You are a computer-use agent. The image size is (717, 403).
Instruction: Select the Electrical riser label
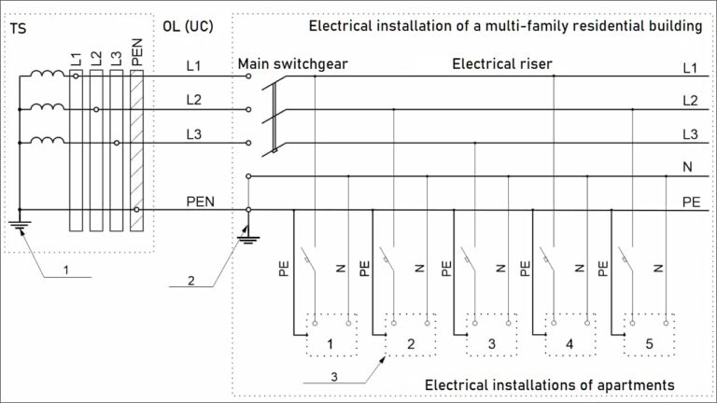coord(502,64)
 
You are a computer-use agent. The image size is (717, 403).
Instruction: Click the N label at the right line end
coord(689,169)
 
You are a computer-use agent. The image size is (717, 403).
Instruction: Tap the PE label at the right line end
coord(689,201)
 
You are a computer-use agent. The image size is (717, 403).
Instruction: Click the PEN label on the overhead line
coord(201,201)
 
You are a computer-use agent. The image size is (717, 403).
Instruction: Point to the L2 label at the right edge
coord(689,101)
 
